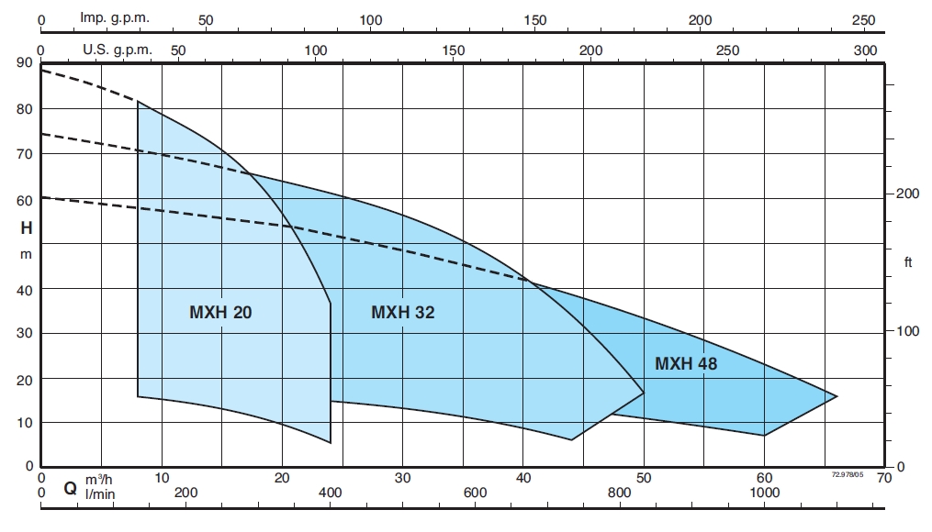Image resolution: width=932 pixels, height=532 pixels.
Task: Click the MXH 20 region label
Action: (220, 313)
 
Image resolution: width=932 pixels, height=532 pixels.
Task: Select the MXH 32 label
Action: (402, 313)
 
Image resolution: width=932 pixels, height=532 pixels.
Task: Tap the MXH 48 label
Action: (686, 364)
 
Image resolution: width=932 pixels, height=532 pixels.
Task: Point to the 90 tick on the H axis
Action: (24, 63)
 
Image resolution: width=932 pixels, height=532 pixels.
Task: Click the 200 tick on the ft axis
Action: (907, 194)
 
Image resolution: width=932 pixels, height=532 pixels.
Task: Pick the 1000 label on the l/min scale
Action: (765, 493)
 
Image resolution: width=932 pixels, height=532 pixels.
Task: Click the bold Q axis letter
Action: (70, 488)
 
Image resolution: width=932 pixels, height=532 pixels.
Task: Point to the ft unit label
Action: (908, 262)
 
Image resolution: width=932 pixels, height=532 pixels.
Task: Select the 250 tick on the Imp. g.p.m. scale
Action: (864, 19)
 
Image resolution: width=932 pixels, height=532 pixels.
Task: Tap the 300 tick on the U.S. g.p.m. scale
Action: (866, 50)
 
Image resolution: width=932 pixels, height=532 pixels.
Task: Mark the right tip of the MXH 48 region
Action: (837, 396)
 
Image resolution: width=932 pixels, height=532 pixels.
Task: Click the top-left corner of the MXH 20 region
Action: (138, 101)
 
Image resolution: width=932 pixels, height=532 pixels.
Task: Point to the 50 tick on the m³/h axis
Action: (644, 478)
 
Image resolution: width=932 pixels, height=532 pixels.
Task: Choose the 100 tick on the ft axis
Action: (907, 330)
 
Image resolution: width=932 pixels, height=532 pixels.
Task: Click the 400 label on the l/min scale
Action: (330, 493)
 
